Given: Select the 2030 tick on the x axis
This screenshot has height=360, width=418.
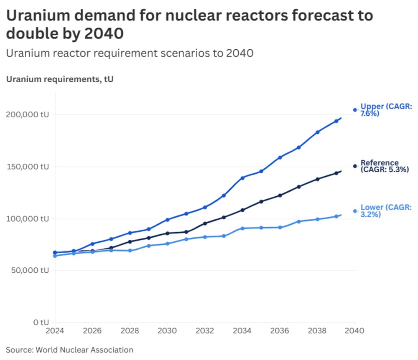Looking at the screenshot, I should click(167, 331).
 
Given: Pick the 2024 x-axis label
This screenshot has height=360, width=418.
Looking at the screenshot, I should click(55, 331).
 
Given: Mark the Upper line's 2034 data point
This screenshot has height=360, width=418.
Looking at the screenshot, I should click(242, 178).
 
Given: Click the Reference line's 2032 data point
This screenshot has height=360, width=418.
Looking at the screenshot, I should click(205, 223).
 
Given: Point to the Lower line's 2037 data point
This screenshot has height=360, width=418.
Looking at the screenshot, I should click(299, 221).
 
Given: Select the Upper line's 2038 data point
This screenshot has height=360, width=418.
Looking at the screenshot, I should click(318, 132).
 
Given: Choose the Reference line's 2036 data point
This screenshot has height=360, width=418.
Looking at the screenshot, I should click(280, 195).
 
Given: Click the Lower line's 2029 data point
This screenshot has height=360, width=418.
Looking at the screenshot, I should click(148, 246).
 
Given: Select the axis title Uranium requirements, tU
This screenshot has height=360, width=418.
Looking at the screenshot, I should click(60, 79).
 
